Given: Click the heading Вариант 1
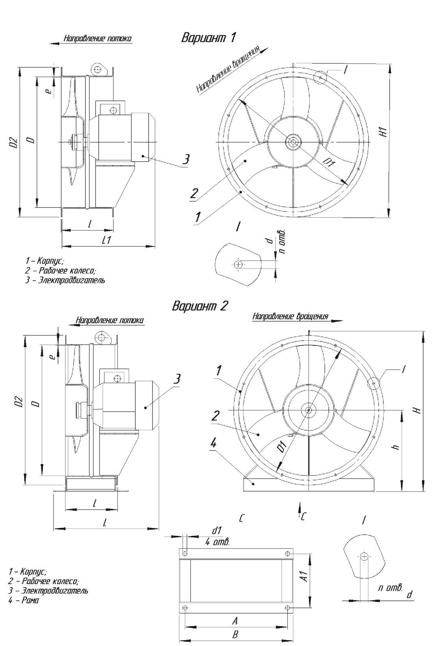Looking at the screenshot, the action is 208,38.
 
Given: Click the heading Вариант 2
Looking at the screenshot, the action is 200,306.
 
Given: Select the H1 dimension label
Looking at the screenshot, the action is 383,132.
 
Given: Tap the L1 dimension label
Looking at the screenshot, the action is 106,239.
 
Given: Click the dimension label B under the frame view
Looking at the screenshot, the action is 235,634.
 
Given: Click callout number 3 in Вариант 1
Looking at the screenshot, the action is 186,159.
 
